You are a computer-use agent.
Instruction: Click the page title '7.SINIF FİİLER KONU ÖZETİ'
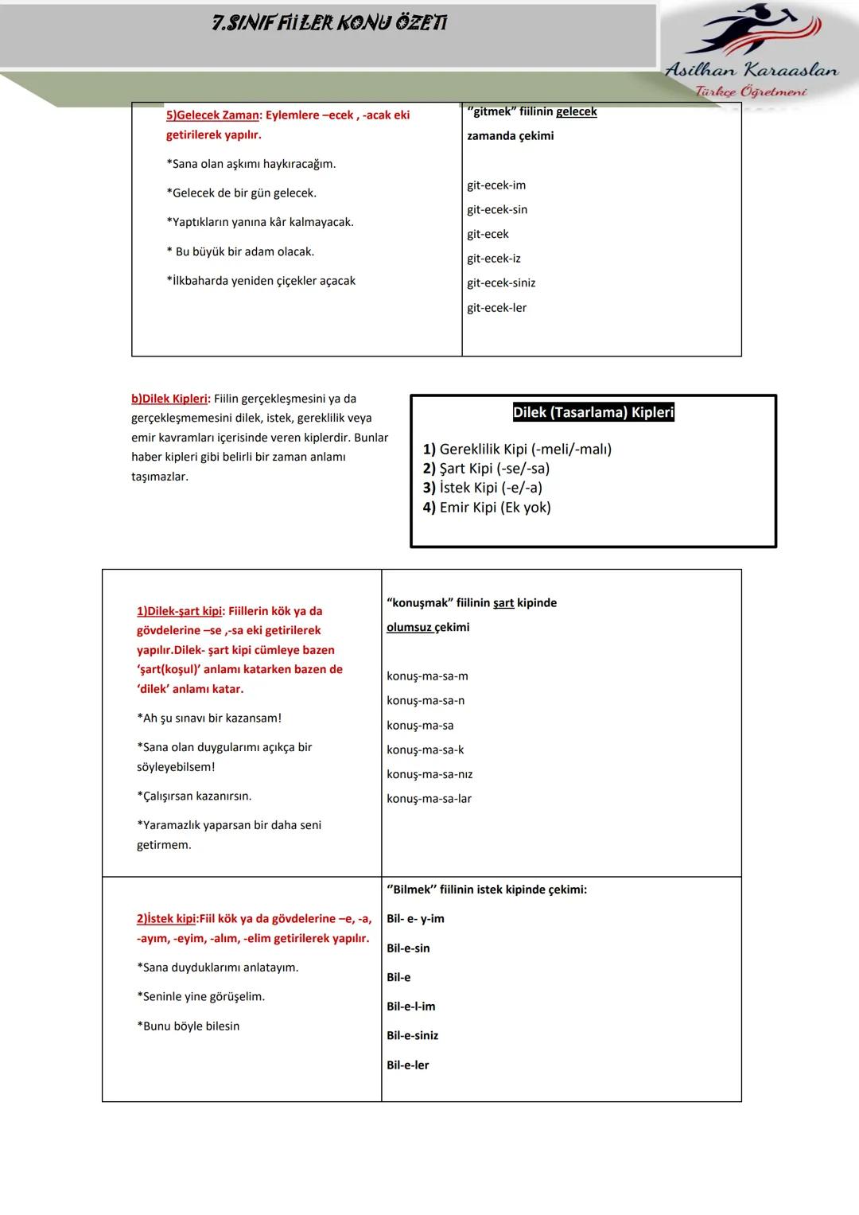[329, 23]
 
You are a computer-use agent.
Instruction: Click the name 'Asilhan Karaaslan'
[751, 71]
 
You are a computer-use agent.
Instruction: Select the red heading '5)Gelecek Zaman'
[212, 115]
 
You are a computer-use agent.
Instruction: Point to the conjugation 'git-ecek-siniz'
[501, 283]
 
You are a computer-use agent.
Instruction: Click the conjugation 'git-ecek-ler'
[496, 308]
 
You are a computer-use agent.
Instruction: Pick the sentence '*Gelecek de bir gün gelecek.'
[241, 193]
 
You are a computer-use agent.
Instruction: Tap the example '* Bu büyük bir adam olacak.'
[240, 251]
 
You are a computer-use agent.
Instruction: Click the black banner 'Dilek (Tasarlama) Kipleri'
[593, 412]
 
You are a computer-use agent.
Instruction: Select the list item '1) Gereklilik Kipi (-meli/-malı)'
[517, 450]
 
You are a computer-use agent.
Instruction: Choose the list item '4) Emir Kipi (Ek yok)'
[487, 508]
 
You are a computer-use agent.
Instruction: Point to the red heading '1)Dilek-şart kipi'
[179, 611]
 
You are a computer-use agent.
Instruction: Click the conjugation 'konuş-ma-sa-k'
[425, 750]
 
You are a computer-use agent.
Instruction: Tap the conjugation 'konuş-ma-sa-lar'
[429, 799]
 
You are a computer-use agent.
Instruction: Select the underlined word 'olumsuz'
[409, 627]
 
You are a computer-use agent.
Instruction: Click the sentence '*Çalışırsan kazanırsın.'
[194, 796]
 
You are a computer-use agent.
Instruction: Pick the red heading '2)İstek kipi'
[165, 919]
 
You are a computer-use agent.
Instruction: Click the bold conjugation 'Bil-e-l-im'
[410, 1007]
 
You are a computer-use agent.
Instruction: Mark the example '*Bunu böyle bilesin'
[188, 1026]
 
